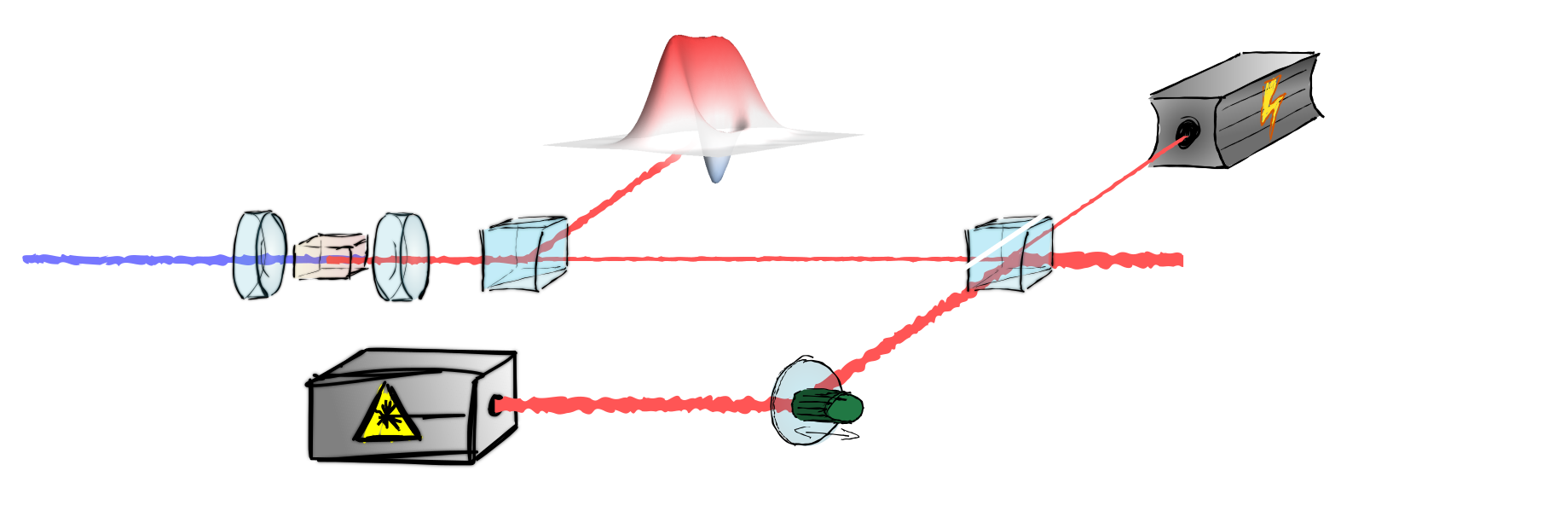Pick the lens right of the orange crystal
pyautogui.click(x=400, y=256)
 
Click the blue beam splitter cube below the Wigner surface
pyautogui.click(x=524, y=254)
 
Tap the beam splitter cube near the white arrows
pyautogui.click(x=1010, y=254)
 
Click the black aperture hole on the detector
pyautogui.click(x=1186, y=131)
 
